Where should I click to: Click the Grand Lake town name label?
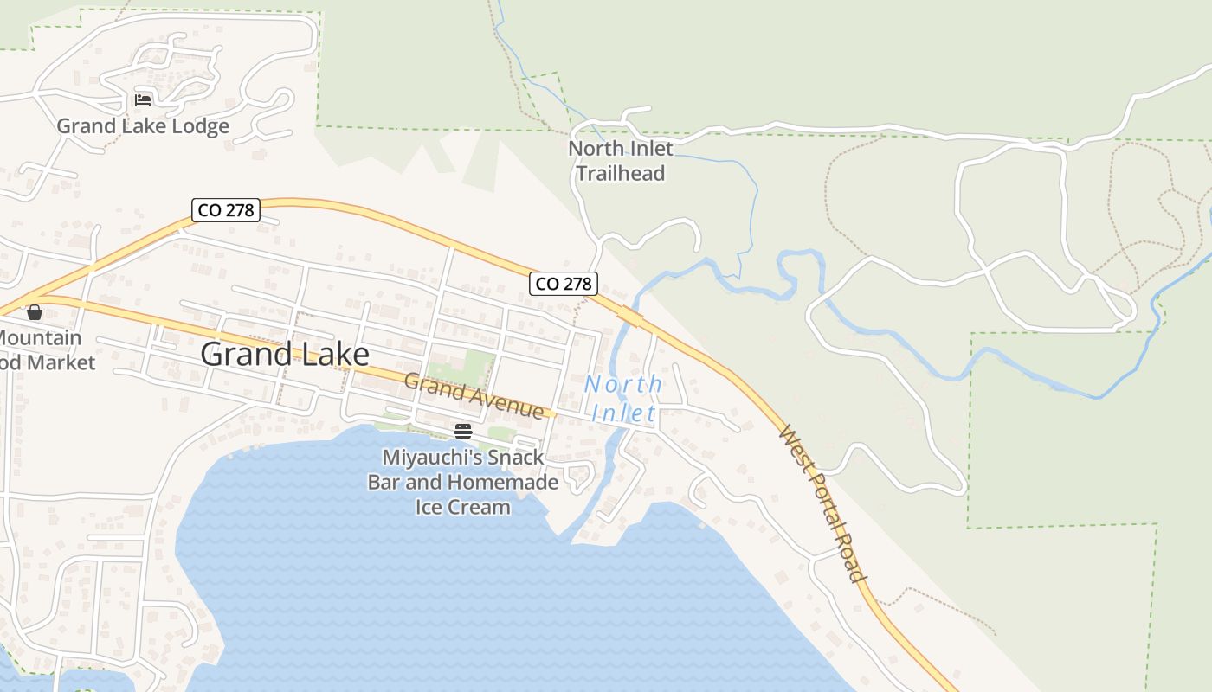tap(285, 354)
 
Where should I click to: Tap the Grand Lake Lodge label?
tap(143, 126)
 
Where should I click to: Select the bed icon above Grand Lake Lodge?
tap(143, 100)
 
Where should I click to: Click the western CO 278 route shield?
tap(226, 209)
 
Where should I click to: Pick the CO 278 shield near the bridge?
tap(564, 283)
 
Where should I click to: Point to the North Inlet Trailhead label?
tap(620, 161)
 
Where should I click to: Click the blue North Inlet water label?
tap(623, 398)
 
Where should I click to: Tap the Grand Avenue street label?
tap(474, 395)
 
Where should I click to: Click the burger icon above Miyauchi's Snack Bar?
tap(463, 432)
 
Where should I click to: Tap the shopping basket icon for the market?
tap(35, 312)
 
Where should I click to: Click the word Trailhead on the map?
tap(620, 173)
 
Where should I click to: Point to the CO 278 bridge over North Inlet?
tap(631, 319)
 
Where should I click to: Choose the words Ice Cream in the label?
tap(463, 507)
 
